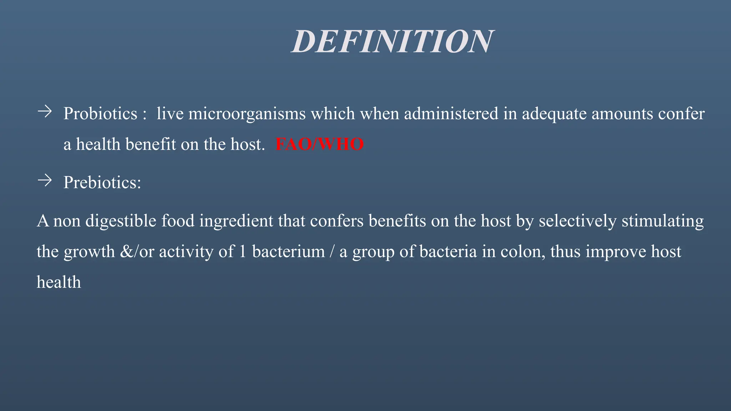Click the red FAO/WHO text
coord(319,144)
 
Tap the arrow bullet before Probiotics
coord(45,112)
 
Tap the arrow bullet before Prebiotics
coord(45,181)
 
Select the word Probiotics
coord(100,114)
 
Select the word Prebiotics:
coord(102,183)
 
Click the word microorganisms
coord(247,114)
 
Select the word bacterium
coord(288,252)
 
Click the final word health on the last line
coord(59,282)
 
